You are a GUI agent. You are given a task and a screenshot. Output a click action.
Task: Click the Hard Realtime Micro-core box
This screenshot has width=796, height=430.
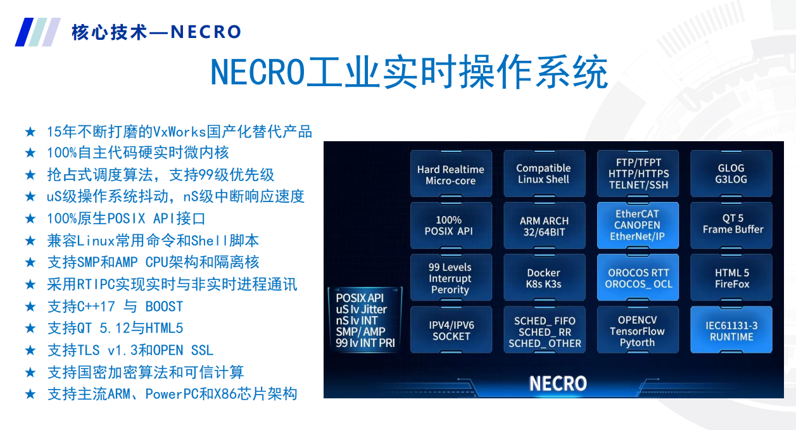tap(451, 174)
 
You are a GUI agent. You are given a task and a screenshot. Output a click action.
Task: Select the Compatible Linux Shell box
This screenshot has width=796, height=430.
tap(545, 174)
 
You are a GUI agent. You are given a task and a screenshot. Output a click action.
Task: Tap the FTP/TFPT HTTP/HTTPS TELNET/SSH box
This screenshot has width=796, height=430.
tap(638, 174)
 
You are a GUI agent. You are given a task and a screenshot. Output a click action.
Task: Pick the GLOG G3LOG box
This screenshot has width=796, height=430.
tap(731, 174)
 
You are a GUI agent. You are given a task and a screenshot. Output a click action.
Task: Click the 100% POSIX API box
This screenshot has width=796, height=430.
tap(451, 225)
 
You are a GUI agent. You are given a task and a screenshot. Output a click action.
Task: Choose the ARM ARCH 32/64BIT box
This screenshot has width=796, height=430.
tap(545, 225)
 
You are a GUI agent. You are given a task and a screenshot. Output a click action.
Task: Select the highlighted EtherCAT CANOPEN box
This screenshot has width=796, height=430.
tap(638, 225)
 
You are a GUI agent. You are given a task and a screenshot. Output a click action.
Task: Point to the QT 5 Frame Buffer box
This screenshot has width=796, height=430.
tap(731, 225)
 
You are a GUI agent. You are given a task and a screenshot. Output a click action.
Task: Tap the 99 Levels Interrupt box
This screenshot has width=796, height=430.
tap(451, 277)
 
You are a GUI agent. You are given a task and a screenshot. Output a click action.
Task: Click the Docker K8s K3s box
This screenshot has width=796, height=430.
tap(545, 277)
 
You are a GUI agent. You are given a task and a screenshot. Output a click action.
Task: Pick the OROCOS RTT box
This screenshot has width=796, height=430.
tap(638, 277)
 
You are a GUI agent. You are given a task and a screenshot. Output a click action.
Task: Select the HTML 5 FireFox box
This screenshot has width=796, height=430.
tap(731, 277)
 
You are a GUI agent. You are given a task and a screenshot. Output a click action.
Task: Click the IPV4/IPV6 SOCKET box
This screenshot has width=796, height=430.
tap(451, 330)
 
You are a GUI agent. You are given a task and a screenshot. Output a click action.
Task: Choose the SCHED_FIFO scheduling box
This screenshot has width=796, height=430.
tap(545, 330)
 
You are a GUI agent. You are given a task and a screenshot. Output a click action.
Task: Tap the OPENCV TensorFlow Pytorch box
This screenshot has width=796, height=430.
tap(638, 330)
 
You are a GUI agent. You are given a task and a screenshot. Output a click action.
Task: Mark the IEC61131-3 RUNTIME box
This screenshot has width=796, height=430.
tap(731, 330)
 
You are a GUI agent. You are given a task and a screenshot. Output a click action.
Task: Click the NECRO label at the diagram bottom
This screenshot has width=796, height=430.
tap(558, 383)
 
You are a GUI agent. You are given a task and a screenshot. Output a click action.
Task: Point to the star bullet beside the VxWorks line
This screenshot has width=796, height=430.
tap(30, 132)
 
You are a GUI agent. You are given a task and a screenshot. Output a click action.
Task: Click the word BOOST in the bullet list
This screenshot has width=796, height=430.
tap(164, 307)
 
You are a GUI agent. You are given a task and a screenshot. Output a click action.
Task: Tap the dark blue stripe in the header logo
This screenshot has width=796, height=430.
tap(24, 32)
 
